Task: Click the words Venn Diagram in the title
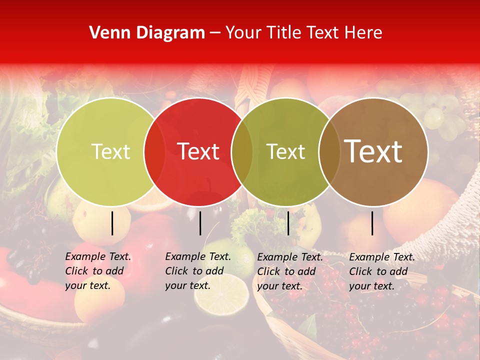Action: (147, 33)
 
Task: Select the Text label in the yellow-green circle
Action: (110, 151)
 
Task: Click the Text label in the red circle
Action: (198, 151)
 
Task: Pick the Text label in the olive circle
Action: (285, 151)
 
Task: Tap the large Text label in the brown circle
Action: (373, 151)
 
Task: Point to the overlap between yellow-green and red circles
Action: (154, 151)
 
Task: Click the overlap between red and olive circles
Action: (242, 151)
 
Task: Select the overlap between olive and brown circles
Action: (329, 151)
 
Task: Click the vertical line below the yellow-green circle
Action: (112, 223)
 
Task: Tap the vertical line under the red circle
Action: (200, 223)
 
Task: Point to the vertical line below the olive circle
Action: (288, 223)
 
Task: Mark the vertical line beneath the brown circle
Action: (372, 223)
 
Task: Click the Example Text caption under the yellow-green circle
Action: (97, 271)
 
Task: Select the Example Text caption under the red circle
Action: (197, 271)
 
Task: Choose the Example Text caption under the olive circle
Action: (289, 271)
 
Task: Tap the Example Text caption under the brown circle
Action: (381, 271)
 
